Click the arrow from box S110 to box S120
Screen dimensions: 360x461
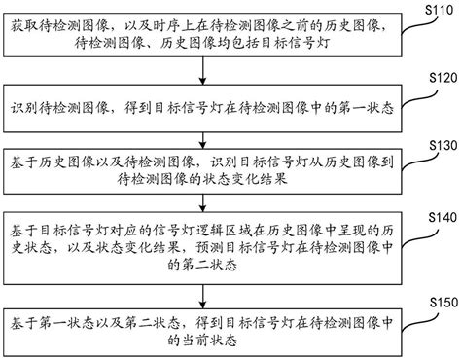coord(203,71)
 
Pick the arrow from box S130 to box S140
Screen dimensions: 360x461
coord(203,198)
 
